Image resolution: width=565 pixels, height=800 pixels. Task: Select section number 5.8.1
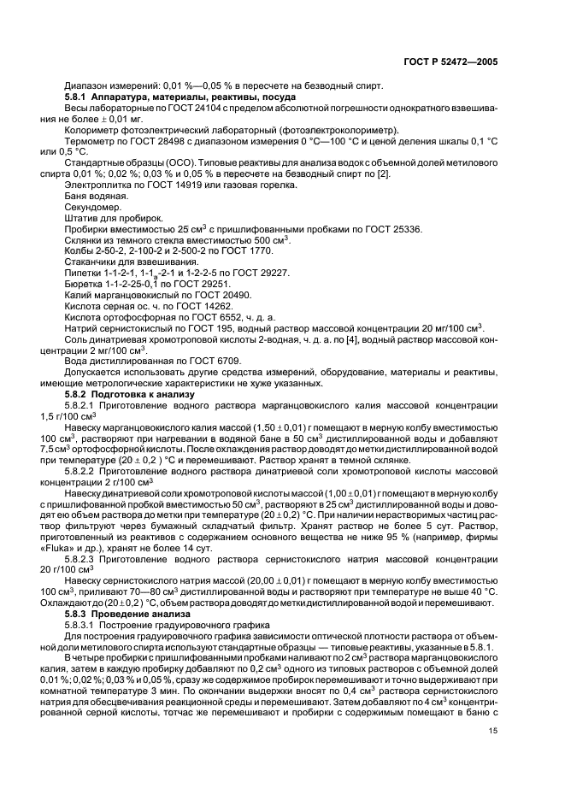point(80,98)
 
